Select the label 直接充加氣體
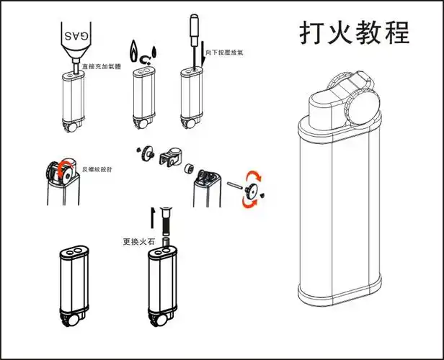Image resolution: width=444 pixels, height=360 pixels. click(101, 66)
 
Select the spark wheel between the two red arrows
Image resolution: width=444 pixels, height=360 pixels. click(252, 189)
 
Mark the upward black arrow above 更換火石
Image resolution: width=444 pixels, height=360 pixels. click(152, 217)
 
